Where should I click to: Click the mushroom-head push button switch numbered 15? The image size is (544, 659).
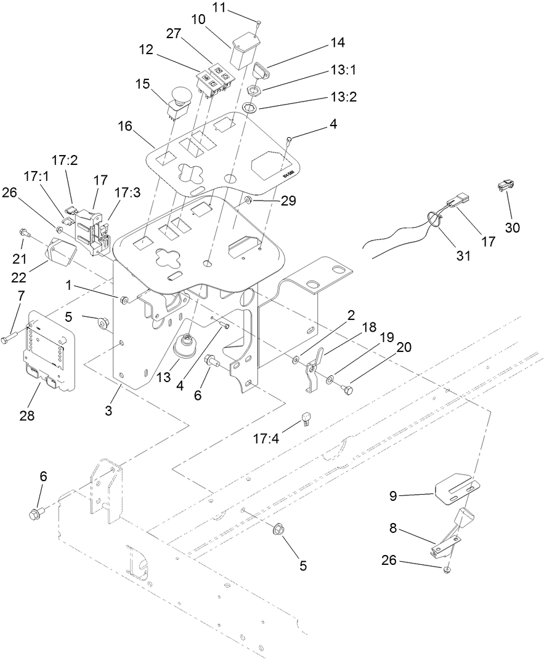click(x=181, y=100)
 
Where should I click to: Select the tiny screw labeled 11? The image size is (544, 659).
click(x=259, y=23)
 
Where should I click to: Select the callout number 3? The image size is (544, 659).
click(x=108, y=410)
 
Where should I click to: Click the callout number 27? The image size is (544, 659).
click(x=174, y=33)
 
